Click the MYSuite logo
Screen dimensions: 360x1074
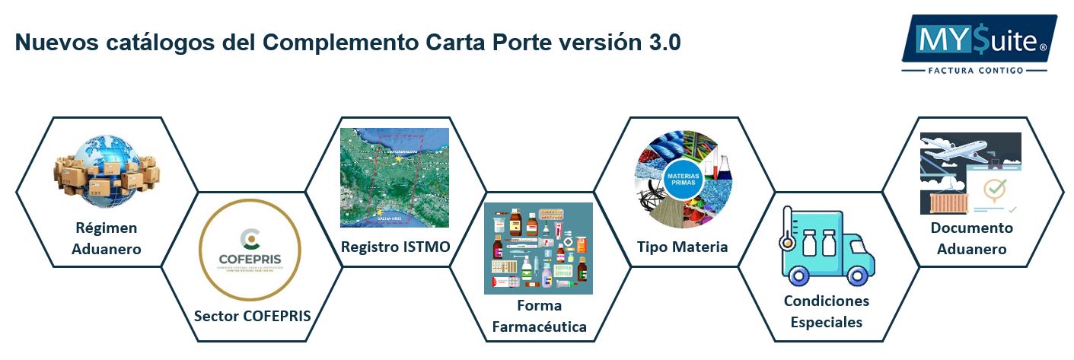pyautogui.click(x=979, y=39)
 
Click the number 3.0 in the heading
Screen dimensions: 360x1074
pyautogui.click(x=664, y=43)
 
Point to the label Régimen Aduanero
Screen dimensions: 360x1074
pyautogui.click(x=107, y=238)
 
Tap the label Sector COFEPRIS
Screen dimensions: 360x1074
pyautogui.click(x=252, y=316)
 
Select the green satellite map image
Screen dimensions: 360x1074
pyautogui.click(x=394, y=177)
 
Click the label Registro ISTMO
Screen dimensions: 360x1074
pyautogui.click(x=395, y=247)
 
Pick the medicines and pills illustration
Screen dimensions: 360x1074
pyautogui.click(x=538, y=248)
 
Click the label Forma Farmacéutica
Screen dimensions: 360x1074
pyautogui.click(x=539, y=317)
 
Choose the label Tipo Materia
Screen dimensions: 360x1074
pyautogui.click(x=682, y=247)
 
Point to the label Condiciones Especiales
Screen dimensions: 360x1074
pyautogui.click(x=826, y=311)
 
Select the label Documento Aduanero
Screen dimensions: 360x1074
pyautogui.click(x=971, y=238)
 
